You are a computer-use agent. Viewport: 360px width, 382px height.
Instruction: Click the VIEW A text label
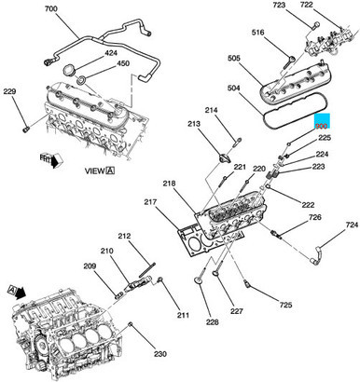pyautogui.click(x=95, y=171)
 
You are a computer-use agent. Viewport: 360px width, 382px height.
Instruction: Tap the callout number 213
pyautogui.click(x=194, y=123)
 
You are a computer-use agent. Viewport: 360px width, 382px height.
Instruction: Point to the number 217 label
pyautogui.click(x=150, y=202)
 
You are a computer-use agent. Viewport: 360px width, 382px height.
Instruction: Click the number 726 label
pyautogui.click(x=315, y=217)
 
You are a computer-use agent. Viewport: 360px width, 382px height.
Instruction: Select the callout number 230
pyautogui.click(x=159, y=354)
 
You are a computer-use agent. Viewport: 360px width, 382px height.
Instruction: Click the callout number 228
pyautogui.click(x=212, y=322)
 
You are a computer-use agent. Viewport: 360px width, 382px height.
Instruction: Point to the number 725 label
pyautogui.click(x=285, y=305)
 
